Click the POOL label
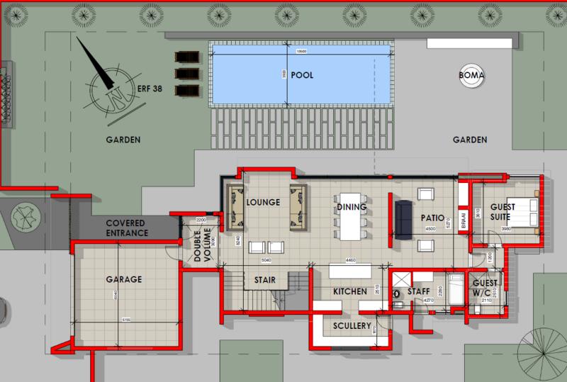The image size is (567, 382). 302,74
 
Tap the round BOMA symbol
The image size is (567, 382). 471,76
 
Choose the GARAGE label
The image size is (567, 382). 123,279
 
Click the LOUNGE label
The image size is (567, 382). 264,202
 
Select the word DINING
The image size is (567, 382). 352,208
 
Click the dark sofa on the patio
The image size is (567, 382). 403,218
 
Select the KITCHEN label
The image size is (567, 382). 350,291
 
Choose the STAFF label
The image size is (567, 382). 418,291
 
